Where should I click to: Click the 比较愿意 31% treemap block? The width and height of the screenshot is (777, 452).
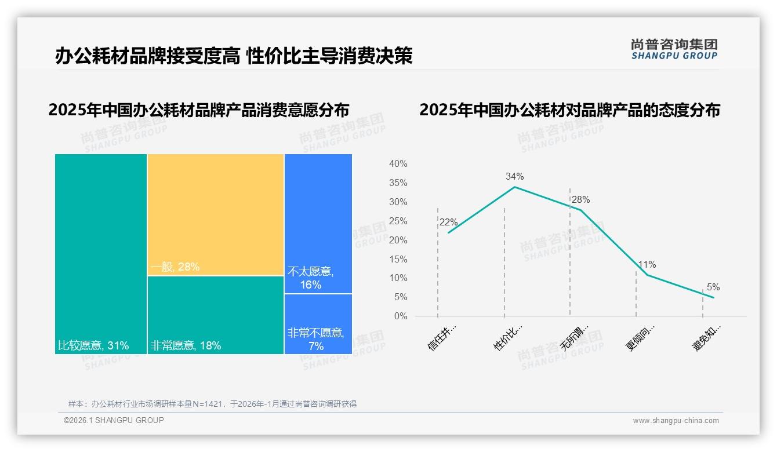click(101, 254)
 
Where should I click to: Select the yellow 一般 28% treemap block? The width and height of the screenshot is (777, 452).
click(215, 214)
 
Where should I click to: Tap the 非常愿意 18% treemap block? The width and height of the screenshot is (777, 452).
click(215, 315)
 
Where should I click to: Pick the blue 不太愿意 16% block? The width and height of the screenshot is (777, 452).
click(318, 224)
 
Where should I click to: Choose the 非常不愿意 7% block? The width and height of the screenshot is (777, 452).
click(318, 324)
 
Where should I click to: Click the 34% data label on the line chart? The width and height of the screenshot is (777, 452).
click(514, 176)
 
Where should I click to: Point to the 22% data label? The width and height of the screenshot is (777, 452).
click(448, 222)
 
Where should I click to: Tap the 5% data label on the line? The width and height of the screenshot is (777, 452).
click(713, 287)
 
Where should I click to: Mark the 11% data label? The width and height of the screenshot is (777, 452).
click(647, 264)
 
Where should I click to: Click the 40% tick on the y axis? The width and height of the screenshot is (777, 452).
click(398, 164)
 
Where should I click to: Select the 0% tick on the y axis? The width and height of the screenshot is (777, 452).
click(401, 316)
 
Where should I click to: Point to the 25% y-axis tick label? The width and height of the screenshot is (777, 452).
click(398, 221)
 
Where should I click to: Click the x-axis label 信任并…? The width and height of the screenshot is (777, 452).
click(442, 337)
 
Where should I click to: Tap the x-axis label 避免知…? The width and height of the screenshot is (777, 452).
click(707, 337)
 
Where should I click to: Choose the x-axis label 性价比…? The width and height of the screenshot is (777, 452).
click(508, 337)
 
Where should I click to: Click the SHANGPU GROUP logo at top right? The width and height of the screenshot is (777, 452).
click(674, 49)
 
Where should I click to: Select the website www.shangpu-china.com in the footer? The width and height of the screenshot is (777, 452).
click(676, 421)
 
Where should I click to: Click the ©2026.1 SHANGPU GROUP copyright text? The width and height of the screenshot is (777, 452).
click(114, 420)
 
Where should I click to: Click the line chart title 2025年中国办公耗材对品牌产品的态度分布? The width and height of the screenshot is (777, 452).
click(569, 110)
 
